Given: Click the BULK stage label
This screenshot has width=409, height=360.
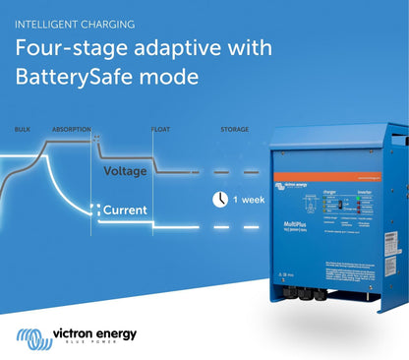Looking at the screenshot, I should coord(22,129).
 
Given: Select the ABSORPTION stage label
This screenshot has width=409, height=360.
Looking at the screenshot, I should coord(72,129).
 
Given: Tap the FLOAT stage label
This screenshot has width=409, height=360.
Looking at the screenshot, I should coord(161,129).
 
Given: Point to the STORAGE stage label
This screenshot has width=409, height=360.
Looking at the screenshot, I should coord(234,129).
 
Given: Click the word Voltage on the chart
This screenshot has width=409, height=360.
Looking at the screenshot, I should coord(125,171).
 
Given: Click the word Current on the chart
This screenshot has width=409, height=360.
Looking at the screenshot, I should coord(125,210).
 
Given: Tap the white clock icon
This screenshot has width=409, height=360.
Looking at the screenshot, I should coord(219,199).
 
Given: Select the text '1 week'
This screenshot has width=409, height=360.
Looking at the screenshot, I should coord(248,200).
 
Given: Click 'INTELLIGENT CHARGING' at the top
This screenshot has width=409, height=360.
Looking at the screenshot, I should coord(75,23).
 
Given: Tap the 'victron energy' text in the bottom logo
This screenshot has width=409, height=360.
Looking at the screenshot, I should coord(95,333).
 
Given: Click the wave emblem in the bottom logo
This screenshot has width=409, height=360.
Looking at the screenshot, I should coord(33,337).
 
